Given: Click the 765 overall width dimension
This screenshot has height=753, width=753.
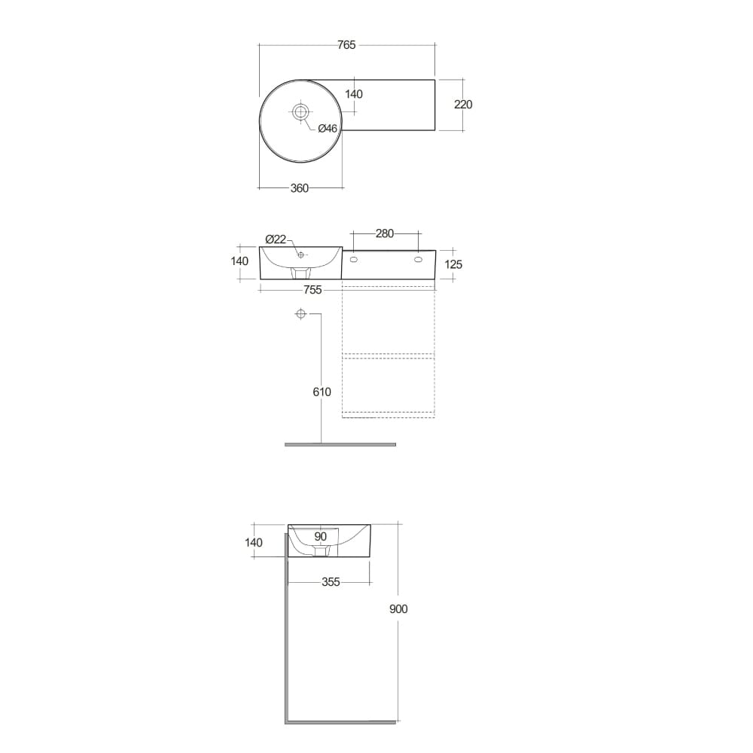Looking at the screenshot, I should (346, 45).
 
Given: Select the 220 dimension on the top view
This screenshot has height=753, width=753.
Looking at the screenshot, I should (463, 105).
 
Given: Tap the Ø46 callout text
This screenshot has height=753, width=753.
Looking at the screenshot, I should (328, 129).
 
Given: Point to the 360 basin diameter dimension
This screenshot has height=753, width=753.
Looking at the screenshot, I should (300, 188).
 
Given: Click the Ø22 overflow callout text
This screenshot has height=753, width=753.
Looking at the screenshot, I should (276, 239).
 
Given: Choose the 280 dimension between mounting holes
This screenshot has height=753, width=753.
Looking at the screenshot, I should (385, 233).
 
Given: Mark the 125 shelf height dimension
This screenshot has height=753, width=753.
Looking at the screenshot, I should (454, 264).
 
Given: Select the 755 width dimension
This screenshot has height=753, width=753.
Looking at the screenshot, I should (312, 290).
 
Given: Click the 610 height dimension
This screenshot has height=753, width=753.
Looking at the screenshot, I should (322, 392).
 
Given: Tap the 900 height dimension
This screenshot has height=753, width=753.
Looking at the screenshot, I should (398, 609).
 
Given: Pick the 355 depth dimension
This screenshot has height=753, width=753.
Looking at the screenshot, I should (331, 582).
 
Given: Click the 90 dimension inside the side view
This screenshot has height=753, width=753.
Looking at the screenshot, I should (320, 537).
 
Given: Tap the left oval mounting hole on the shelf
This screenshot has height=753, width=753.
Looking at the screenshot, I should (354, 260).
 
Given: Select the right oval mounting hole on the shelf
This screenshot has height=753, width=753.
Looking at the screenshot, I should (418, 260).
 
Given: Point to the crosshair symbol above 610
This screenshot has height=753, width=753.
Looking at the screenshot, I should (300, 314).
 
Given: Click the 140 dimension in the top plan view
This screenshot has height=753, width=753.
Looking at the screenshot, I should (353, 94).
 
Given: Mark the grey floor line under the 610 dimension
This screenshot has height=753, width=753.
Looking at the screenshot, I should (340, 444).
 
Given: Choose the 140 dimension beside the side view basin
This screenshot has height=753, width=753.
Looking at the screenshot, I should (254, 542).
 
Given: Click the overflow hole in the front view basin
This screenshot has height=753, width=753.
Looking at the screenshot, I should (300, 255).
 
